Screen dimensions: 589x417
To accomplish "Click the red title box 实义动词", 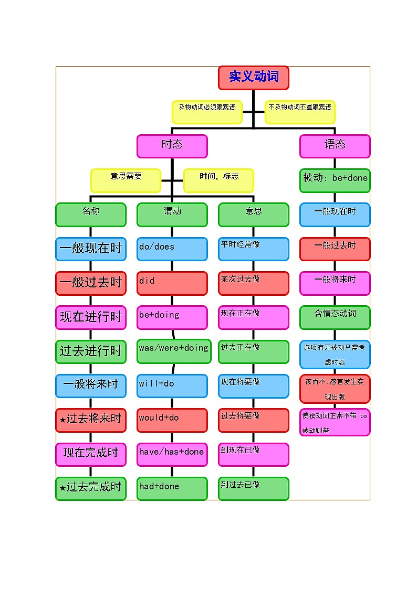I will tap(254, 78).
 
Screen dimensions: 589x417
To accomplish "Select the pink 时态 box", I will tap(172, 146).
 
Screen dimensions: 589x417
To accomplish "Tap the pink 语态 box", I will tap(335, 146).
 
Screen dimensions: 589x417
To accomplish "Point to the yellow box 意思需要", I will tap(126, 180).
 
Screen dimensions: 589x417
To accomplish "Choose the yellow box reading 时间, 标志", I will tap(218, 180).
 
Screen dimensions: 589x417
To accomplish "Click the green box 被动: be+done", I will tap(335, 180).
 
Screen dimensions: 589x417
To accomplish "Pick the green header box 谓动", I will tap(172, 215).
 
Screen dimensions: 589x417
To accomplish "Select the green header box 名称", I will tap(91, 215).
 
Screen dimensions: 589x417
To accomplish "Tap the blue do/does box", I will tap(172, 249).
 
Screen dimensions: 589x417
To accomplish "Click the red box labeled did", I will tap(172, 283).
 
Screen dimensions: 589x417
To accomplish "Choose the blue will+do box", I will tap(172, 385).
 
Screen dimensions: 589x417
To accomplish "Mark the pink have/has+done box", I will tap(172, 454).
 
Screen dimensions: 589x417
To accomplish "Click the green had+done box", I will tap(172, 488).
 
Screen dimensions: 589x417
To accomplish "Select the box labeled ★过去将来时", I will tap(91, 420).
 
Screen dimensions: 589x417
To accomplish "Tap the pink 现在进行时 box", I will tap(91, 317).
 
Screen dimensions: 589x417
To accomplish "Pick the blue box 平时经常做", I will tap(254, 249).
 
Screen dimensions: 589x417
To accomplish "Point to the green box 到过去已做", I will tap(254, 488).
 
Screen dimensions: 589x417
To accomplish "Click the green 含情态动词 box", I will tap(335, 317).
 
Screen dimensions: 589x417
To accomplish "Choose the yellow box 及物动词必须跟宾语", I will tap(207, 112).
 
